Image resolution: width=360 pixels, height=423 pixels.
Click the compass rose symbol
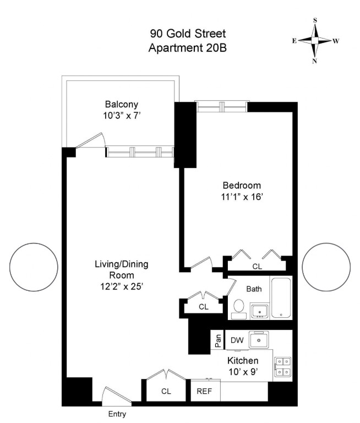pyautogui.click(x=315, y=41)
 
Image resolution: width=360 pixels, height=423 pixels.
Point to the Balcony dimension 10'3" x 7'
pyautogui.click(x=122, y=116)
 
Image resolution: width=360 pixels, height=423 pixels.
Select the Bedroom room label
pyautogui.click(x=242, y=185)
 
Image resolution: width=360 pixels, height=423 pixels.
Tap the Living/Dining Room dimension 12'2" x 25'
pyautogui.click(x=121, y=286)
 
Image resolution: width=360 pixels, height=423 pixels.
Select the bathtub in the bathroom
pyautogui.click(x=281, y=298)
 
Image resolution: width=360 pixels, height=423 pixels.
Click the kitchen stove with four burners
pyautogui.click(x=283, y=367)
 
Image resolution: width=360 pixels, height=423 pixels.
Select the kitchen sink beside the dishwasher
pyautogui.click(x=260, y=340)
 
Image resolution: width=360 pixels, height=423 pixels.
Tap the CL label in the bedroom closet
pyautogui.click(x=257, y=266)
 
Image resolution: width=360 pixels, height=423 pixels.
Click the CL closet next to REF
pyautogui.click(x=166, y=392)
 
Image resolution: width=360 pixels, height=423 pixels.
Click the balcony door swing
pyautogui.click(x=92, y=141)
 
